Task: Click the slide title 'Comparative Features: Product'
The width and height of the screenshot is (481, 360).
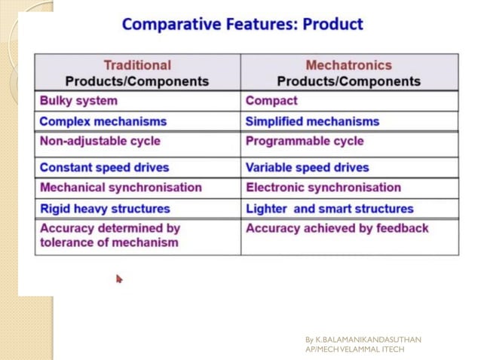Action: click(242, 24)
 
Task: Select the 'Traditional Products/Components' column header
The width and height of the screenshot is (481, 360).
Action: click(136, 73)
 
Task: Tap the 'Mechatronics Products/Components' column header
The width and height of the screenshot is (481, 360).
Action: click(348, 73)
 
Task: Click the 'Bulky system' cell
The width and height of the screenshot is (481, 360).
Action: click(78, 101)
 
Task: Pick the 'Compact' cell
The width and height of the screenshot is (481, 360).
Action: click(271, 101)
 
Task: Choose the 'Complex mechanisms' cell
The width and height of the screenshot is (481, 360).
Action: click(103, 121)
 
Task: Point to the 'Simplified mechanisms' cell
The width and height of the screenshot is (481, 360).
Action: click(312, 121)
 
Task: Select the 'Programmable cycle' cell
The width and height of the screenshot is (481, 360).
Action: click(305, 142)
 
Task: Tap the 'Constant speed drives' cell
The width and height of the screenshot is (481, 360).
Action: click(104, 167)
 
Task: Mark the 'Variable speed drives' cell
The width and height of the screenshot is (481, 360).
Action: click(308, 167)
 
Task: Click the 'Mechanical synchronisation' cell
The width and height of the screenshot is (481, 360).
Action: click(121, 188)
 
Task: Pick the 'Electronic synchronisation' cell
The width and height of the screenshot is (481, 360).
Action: click(323, 188)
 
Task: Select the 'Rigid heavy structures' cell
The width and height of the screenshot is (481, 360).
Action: click(105, 209)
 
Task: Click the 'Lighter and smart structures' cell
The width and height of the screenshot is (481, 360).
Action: click(329, 209)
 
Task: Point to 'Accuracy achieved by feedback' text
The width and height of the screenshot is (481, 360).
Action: click(337, 228)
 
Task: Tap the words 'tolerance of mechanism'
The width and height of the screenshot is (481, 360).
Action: click(109, 243)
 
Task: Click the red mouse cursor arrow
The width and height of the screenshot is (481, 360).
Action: click(119, 279)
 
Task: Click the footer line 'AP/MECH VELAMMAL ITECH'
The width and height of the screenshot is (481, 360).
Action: click(354, 349)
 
